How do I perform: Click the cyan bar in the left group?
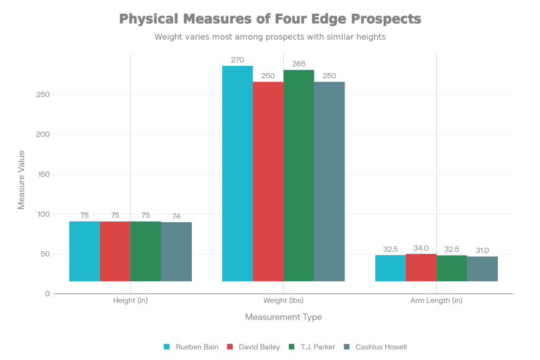tap(84, 251)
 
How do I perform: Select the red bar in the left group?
tap(115, 251)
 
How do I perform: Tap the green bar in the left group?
tap(145, 251)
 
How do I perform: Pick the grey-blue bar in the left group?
tap(176, 251)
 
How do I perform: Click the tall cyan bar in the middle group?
tap(238, 174)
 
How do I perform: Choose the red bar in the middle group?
tap(268, 181)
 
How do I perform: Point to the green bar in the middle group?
tap(299, 176)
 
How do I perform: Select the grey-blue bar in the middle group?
tap(330, 181)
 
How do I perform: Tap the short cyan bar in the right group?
tap(390, 268)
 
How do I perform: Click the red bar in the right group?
tap(421, 268)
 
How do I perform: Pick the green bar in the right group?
tap(451, 268)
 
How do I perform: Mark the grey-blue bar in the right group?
tap(482, 269)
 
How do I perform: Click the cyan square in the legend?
tap(166, 347)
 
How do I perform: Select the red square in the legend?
tap(230, 347)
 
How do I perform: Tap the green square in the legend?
tap(291, 347)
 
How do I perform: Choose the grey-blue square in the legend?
tap(347, 347)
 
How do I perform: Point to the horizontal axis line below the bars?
tap(283, 294)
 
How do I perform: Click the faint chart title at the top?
tap(270, 26)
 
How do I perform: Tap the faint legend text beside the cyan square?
tap(192, 347)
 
